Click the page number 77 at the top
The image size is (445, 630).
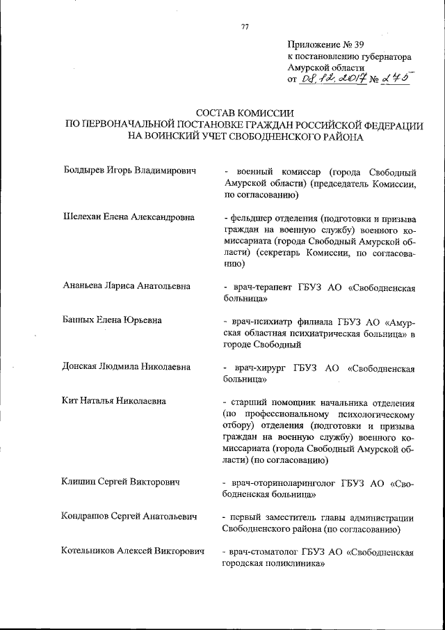(x=244, y=27)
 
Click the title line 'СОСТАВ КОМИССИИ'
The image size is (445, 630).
(x=245, y=113)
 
